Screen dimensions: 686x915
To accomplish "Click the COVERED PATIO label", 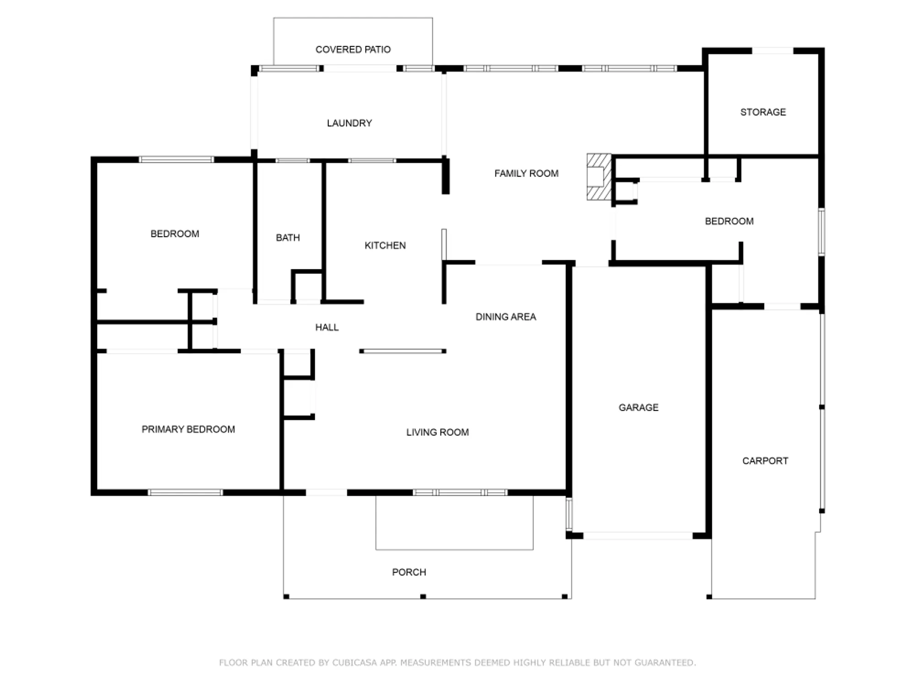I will pos(353,49).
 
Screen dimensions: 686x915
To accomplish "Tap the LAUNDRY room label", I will pos(349,123).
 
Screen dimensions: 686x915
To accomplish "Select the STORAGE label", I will pos(763,112).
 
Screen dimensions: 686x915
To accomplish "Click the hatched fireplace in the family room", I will pos(598,177).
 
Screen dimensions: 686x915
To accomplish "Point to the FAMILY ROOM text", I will pos(526,173).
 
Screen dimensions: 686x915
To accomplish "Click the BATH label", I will pos(288,238).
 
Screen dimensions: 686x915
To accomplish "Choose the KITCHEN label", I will pos(385,246).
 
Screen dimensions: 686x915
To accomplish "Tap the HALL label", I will pos(327,327).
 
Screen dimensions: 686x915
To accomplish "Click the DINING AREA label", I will pos(506,317).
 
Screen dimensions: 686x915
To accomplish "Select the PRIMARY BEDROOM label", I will pos(188,429).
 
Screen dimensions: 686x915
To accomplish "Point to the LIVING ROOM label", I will pos(437,432).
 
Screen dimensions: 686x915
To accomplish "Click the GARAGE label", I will pos(638,407).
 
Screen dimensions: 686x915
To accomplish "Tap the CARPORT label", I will pos(765,461).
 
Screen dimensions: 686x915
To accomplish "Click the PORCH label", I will pos(409,572).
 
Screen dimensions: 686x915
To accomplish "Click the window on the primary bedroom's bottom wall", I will pos(185,493).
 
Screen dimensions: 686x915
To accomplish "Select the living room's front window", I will pos(460,493).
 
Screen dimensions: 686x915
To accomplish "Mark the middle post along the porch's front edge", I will pos(423,596).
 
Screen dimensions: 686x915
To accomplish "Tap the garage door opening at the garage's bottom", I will pos(638,536).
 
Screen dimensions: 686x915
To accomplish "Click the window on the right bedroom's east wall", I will pos(821,232).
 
